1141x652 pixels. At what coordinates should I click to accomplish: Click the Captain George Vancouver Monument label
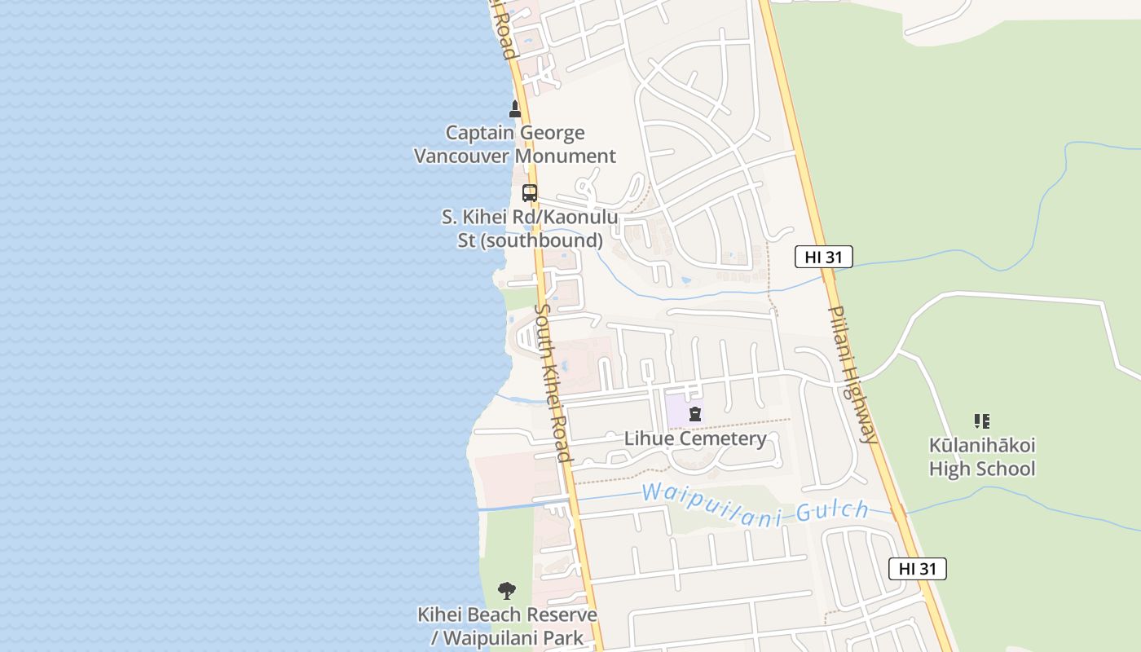point(515,144)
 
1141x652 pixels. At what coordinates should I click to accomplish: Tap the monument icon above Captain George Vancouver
point(515,108)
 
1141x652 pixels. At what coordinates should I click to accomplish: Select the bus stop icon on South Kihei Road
point(530,193)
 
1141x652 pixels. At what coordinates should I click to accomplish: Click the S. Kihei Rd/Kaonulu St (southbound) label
point(530,229)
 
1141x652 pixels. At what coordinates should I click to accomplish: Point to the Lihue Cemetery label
point(695,438)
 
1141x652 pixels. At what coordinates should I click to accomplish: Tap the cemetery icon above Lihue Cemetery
point(694,415)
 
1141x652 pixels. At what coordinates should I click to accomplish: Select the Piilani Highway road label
point(852,374)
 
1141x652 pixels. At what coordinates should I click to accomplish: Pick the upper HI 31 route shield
point(823,258)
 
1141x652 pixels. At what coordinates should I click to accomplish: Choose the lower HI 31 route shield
point(917,569)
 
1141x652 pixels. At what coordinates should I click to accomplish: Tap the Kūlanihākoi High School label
point(982,457)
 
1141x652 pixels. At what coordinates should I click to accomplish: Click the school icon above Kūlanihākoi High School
point(982,421)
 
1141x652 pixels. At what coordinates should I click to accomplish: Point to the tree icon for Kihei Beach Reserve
point(507,591)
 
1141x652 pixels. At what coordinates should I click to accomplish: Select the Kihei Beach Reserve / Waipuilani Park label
point(507,626)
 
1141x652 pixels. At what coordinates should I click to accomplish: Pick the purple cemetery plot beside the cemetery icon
point(676,410)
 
